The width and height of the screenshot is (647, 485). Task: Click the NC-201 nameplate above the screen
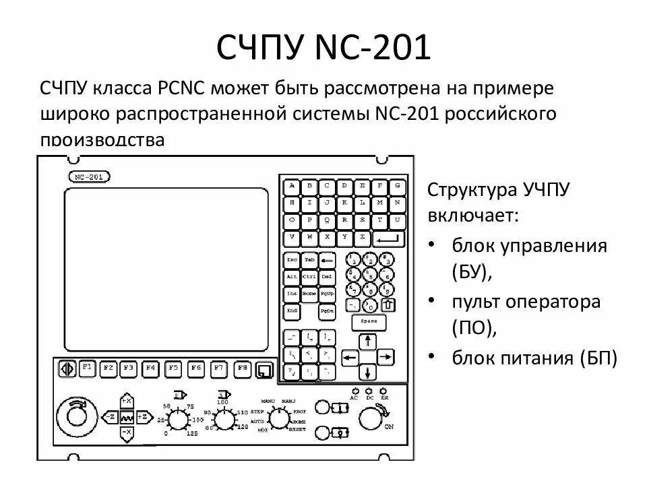90,177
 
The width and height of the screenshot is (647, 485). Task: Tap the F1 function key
86,368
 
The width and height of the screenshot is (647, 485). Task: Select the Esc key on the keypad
292,259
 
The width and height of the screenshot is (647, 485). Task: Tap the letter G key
398,186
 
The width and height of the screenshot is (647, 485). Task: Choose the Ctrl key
309,276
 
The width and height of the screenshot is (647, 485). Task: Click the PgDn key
327,311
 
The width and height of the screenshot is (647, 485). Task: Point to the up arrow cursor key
367,341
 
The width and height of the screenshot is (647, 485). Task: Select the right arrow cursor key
386,356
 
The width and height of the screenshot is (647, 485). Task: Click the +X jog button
126,402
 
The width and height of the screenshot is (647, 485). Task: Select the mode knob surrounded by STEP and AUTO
277,419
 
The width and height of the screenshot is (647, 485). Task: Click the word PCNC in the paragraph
183,89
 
